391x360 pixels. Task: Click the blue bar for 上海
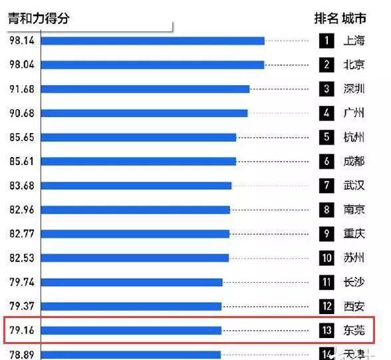point(153,41)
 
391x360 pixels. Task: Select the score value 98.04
point(22,65)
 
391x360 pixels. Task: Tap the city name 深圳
point(354,89)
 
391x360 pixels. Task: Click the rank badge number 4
point(326,113)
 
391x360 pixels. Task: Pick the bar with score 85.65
point(138,137)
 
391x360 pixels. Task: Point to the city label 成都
point(354,161)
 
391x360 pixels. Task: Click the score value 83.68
point(22,186)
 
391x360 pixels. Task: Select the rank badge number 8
point(326,210)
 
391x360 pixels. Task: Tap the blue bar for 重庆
point(135,234)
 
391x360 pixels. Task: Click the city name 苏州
point(354,258)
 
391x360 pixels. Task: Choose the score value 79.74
point(22,282)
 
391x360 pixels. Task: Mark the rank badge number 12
point(326,307)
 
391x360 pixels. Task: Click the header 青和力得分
point(39,19)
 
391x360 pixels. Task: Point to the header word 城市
point(354,18)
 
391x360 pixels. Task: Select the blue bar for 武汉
point(136,186)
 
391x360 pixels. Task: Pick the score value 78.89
point(22,354)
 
